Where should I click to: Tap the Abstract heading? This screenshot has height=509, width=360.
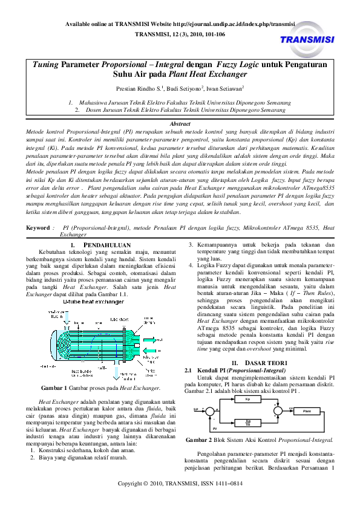tap(182, 123)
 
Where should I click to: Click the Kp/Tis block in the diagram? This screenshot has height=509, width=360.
tap(247, 422)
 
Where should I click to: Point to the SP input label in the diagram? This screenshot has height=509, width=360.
tap(196, 409)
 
